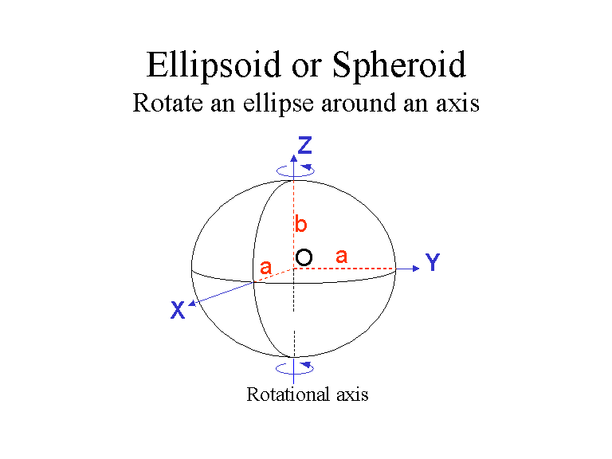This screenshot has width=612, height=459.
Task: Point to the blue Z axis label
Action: (x=304, y=145)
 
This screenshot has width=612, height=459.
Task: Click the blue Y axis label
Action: (x=433, y=263)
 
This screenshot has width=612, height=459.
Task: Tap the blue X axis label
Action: (x=178, y=311)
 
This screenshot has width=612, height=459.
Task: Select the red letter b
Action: (x=301, y=226)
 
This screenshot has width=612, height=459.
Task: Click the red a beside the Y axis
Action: (x=342, y=256)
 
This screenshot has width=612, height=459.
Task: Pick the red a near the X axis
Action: (x=265, y=270)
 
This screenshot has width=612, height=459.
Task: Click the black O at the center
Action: (x=304, y=257)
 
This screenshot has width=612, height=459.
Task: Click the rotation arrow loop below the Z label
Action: (x=295, y=169)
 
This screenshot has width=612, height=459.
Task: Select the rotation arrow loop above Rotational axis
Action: (x=295, y=367)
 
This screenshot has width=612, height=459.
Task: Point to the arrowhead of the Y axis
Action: (x=414, y=269)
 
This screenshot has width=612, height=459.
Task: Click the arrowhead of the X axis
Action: (x=192, y=301)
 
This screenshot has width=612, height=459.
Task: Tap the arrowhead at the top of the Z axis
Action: (x=294, y=156)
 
